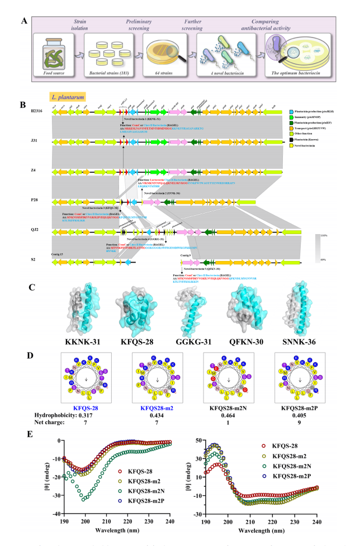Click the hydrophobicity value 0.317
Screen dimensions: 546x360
82,417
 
